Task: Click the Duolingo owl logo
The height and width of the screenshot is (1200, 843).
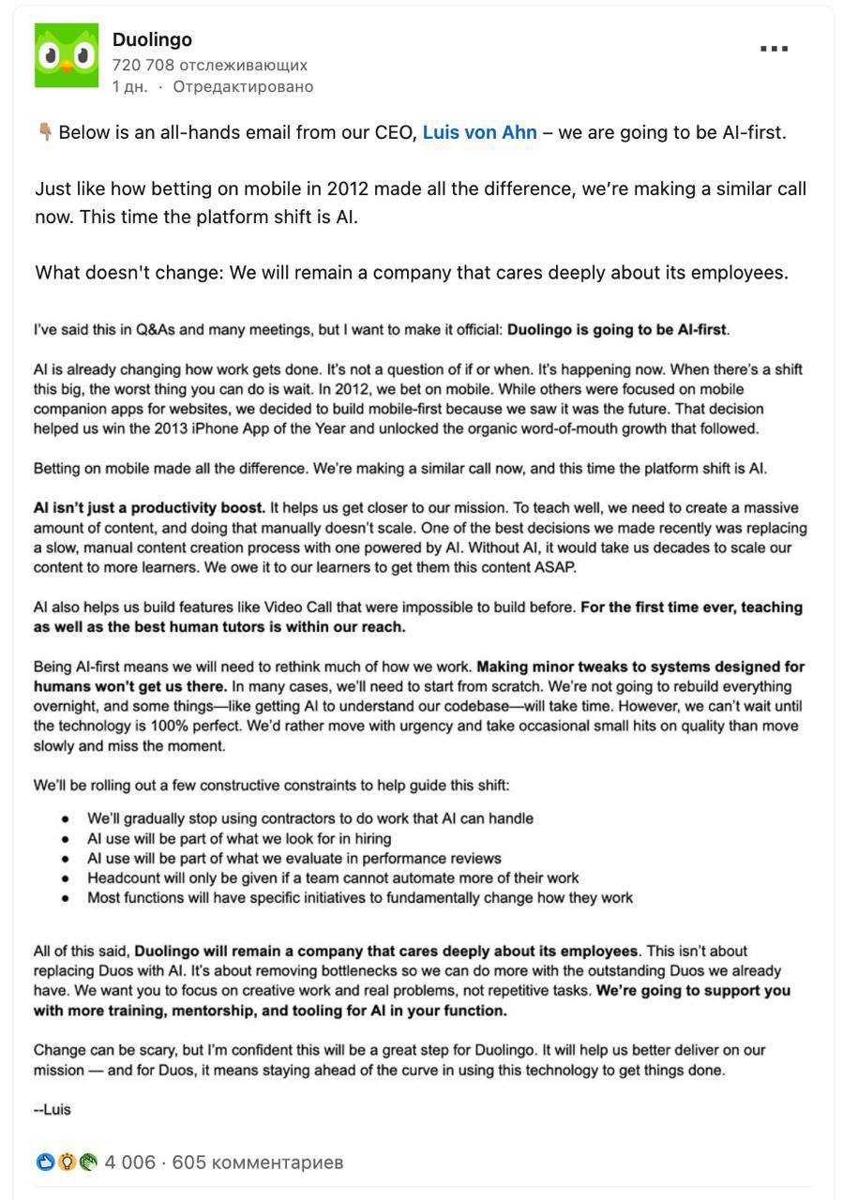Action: pos(67,56)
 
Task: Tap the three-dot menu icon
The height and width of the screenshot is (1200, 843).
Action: pos(774,49)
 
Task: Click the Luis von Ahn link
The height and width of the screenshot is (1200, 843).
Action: pos(479,132)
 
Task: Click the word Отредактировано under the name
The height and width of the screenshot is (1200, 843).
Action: pos(243,86)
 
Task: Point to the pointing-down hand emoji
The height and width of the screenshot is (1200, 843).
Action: pos(44,132)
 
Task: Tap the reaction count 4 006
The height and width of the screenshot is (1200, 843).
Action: pos(129,1162)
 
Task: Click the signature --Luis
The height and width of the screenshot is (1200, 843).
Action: pos(53,1109)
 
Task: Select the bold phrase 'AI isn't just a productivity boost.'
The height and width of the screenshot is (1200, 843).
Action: pos(149,508)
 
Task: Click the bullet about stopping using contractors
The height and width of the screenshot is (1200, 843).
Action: pos(310,818)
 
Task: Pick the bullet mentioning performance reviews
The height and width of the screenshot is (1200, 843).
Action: pos(294,858)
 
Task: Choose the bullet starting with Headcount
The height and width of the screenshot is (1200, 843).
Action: pos(333,878)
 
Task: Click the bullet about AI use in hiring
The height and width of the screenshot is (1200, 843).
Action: pos(239,838)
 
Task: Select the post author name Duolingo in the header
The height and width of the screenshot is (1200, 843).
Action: pos(152,39)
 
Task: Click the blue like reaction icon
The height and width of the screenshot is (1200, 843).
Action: pos(45,1162)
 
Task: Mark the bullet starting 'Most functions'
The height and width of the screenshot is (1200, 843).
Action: pos(360,898)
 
